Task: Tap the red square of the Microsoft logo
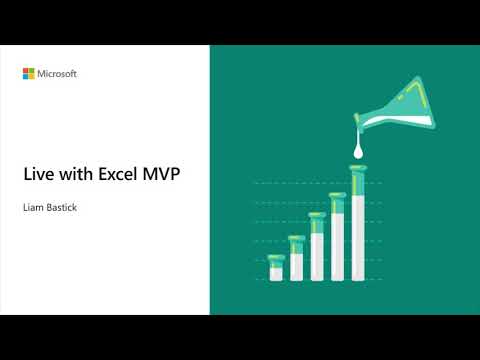pos(27,70)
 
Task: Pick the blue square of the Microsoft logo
pos(27,77)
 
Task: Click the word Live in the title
pos(36,173)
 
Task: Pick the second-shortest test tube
pos(296,258)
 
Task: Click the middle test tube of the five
pos(317,246)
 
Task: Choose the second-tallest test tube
pos(337,236)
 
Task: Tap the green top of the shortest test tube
pos(276,258)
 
